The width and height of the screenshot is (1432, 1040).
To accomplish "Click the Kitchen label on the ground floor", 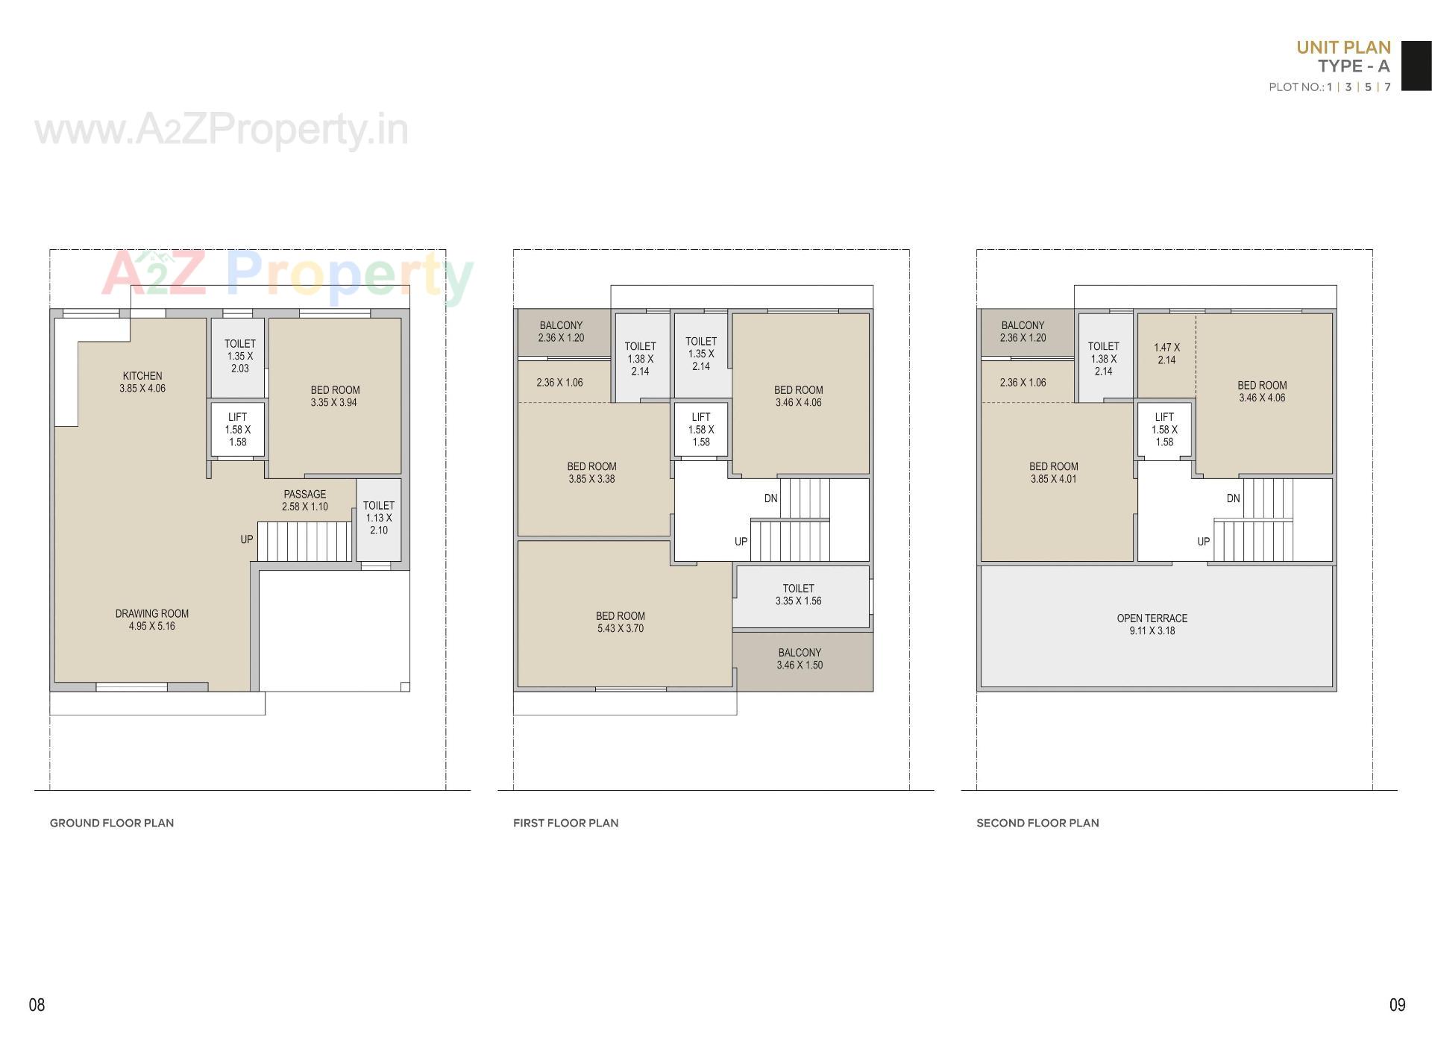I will [142, 382].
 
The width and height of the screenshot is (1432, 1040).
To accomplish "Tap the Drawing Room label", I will [151, 620].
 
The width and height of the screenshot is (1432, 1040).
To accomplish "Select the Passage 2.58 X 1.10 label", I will [304, 500].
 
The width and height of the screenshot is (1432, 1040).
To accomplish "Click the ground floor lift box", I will [237, 430].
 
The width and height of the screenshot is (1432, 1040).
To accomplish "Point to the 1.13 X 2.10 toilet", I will [379, 518].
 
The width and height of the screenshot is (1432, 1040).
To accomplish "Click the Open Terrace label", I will [1152, 624].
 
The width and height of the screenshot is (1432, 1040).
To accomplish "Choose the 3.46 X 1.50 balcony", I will [800, 659].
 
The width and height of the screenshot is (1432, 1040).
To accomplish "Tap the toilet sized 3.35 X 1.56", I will [798, 595].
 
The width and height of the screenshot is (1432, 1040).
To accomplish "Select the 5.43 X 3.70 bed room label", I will [620, 622].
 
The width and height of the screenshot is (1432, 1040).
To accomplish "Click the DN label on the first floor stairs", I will [770, 498].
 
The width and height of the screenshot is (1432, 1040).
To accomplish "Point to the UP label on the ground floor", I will [247, 539].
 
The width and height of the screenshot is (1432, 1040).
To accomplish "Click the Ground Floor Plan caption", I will [112, 823].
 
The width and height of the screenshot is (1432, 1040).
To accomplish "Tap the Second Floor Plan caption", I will [1037, 823].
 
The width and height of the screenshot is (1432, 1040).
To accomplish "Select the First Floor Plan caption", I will [565, 823].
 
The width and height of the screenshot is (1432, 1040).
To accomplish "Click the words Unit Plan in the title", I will [1343, 47].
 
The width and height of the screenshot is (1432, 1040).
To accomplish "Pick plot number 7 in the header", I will [1387, 87].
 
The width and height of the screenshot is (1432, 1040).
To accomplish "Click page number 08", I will [37, 1005].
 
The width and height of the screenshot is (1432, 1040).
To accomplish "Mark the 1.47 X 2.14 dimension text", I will [1166, 354].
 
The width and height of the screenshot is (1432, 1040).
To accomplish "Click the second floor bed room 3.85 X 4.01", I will [1053, 473].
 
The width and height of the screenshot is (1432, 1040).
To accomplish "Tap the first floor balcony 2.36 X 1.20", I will [561, 331].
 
